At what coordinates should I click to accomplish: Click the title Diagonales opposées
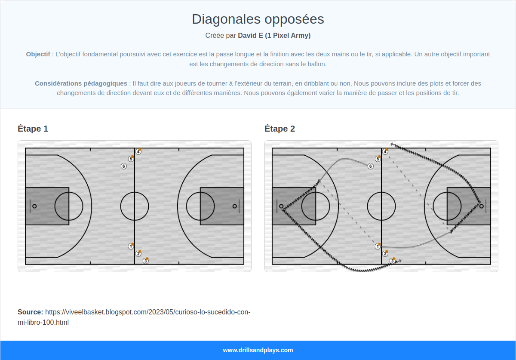coord(258,19)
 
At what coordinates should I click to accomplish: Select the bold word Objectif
coord(38,54)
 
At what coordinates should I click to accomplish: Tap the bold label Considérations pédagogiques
coord(81,83)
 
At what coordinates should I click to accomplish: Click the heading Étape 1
coord(33,129)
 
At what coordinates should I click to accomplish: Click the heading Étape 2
coord(280,129)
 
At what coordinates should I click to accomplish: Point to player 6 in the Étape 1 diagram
coord(124,166)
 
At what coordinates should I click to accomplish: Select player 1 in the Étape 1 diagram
coord(131,246)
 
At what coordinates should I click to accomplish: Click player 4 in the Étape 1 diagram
coord(138,151)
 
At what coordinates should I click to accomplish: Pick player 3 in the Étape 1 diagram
coord(146,261)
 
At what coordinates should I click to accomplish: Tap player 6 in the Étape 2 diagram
coord(371,166)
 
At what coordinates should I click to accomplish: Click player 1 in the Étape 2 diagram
coord(378,246)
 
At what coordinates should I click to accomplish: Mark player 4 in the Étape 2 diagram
coord(385,151)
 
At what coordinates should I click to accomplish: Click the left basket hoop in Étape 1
coord(34,206)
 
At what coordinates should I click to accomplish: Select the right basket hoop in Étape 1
coord(234,206)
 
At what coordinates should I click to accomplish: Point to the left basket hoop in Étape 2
coord(281,206)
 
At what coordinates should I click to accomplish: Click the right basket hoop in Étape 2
coord(481,206)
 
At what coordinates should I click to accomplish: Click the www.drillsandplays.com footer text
coord(258,350)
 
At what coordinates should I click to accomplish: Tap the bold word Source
coord(30,312)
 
